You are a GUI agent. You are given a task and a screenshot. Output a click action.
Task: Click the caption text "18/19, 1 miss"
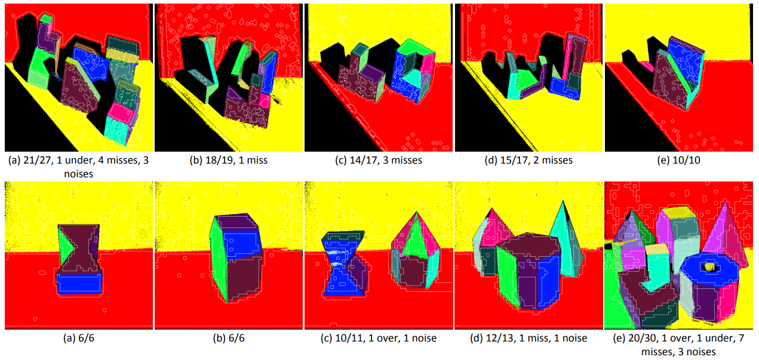236,160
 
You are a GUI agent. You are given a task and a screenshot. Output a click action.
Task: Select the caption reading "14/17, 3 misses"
386,160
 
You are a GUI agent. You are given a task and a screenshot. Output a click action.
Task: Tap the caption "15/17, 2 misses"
536,160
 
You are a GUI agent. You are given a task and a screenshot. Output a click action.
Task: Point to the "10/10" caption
686,160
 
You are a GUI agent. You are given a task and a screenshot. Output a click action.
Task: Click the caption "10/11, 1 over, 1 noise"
386,338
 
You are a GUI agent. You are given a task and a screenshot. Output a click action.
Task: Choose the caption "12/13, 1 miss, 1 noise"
536,338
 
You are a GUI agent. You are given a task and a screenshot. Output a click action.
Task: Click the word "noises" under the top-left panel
79,174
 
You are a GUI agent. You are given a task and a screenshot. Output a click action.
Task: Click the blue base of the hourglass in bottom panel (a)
79,283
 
